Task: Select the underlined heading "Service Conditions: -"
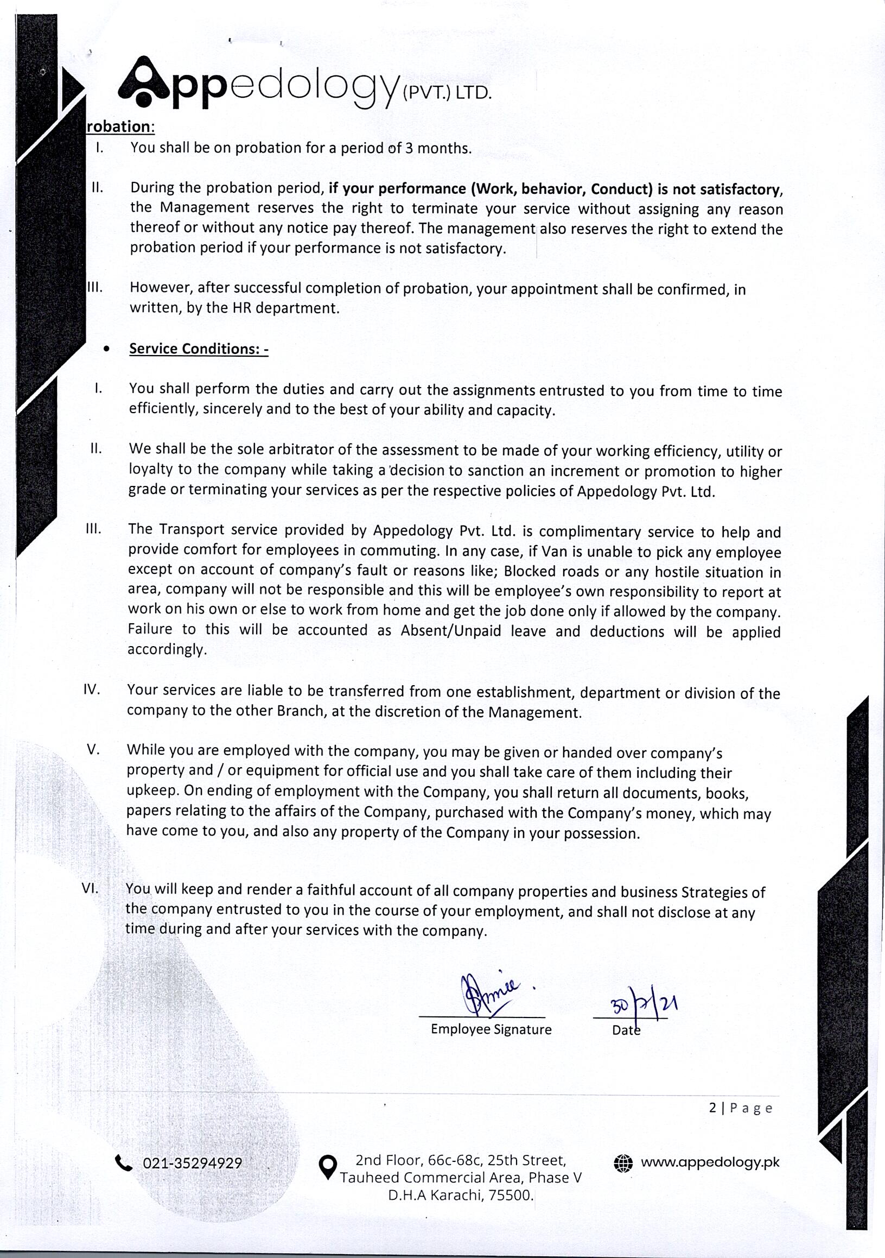pos(198,349)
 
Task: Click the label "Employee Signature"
pos(491,1029)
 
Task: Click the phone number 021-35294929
pos(192,1163)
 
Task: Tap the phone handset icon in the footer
pos(124,1162)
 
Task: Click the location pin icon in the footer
pos(328,1166)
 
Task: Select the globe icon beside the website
pos(623,1162)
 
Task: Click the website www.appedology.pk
pos(710,1162)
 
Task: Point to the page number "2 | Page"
pos(741,1109)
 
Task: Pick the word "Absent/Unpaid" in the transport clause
pos(451,631)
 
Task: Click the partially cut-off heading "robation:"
pos(121,127)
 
